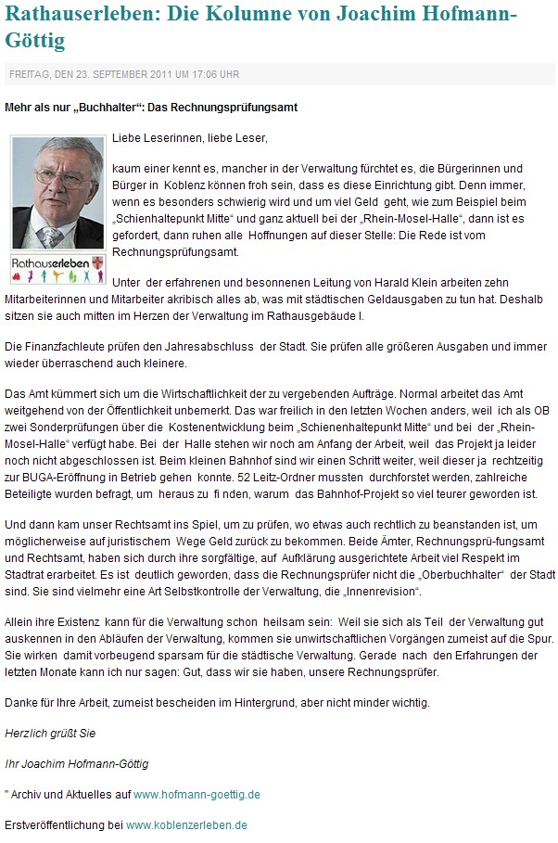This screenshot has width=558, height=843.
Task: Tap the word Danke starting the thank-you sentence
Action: coord(19,702)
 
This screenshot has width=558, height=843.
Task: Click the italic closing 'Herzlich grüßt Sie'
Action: coord(50,733)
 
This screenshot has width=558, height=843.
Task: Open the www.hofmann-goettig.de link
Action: coord(197,794)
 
